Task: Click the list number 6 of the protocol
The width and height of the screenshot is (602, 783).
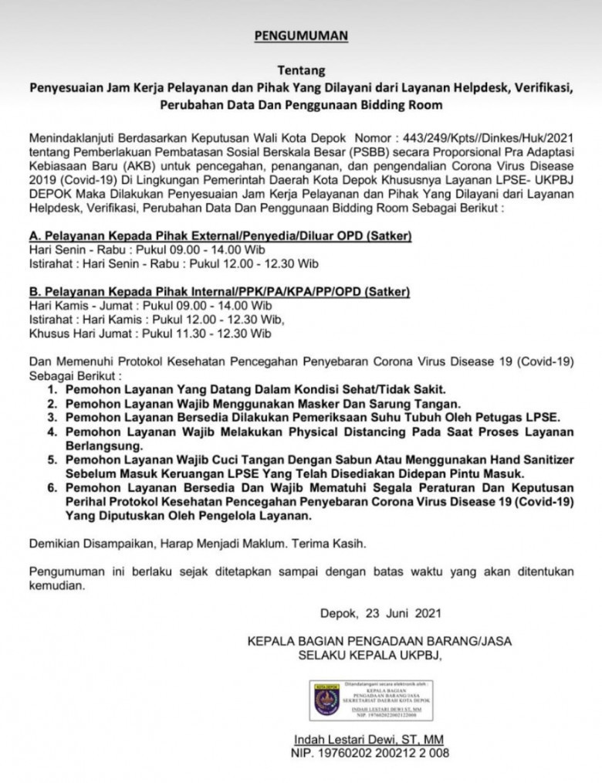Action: click(52, 487)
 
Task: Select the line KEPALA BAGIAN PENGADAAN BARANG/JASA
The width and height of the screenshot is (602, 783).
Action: click(379, 641)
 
